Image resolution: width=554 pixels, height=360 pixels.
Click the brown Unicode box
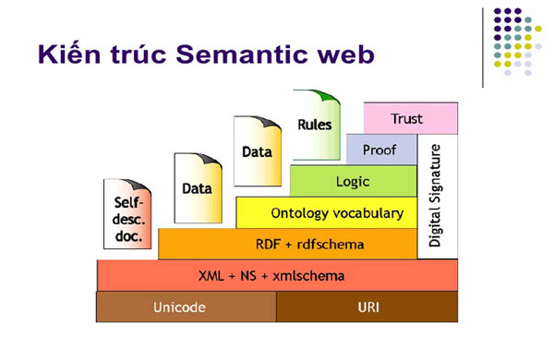click(186, 307)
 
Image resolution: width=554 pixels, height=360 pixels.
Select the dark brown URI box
click(367, 307)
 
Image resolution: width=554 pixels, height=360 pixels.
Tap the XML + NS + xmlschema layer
click(277, 276)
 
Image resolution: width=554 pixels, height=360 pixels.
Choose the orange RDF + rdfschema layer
click(287, 245)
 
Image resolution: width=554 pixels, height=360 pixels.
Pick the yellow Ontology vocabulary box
click(326, 212)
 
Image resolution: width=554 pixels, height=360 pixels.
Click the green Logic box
click(352, 181)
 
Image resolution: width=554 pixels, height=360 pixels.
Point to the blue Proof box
click(379, 149)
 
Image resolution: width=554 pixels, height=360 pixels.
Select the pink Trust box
click(406, 118)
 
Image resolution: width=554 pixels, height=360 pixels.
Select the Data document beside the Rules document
click(256, 152)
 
